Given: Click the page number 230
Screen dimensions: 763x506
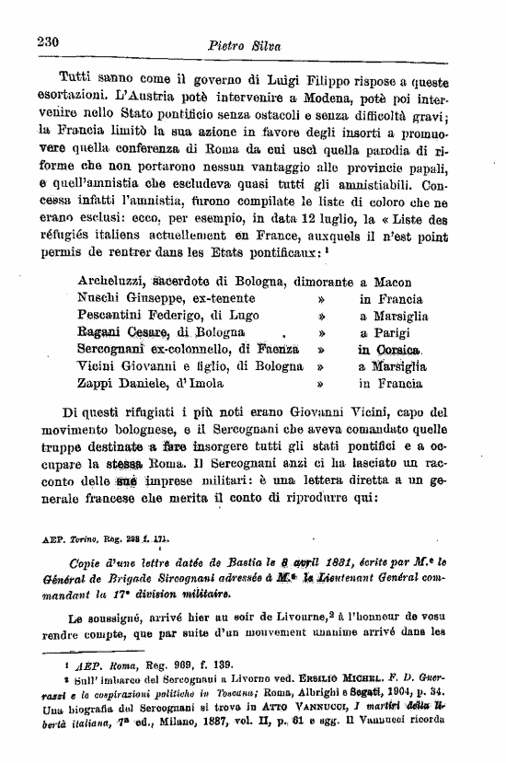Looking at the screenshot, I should coord(48,41).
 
